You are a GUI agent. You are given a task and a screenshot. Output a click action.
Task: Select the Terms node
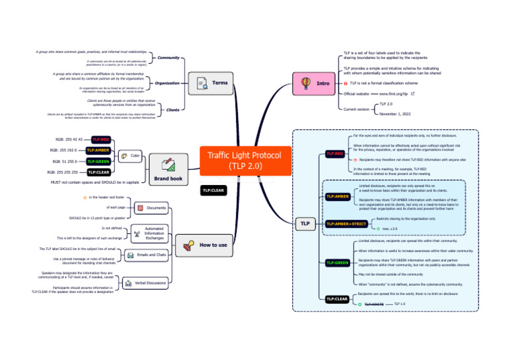click(211, 83)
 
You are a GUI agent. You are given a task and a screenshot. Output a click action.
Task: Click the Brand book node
click(168, 172)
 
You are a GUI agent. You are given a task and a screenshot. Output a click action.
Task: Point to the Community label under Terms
click(168, 58)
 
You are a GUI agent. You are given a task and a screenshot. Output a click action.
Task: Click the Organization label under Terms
click(167, 84)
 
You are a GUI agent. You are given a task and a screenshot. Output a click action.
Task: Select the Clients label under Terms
click(172, 109)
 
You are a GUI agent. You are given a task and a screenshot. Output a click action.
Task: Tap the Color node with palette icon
click(131, 155)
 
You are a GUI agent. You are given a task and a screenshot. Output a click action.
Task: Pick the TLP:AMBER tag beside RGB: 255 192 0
click(98, 150)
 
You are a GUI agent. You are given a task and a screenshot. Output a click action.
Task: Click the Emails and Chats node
click(149, 255)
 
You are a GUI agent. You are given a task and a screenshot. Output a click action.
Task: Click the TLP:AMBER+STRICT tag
click(347, 224)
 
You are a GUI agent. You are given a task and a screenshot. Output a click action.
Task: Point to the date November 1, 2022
click(396, 114)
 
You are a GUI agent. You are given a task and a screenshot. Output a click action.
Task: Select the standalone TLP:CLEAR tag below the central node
click(213, 190)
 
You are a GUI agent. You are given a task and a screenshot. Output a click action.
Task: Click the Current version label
click(357, 109)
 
